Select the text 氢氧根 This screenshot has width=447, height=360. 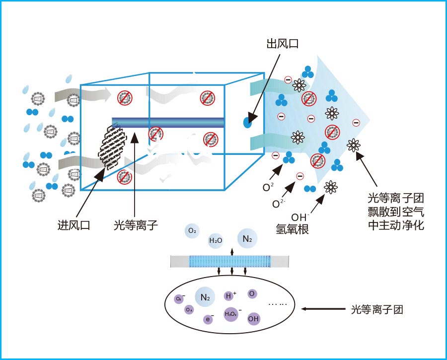coord(293,229)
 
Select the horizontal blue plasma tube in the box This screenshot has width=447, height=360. coord(168,122)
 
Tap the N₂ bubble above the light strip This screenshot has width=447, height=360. coord(247,239)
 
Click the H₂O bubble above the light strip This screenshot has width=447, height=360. coord(216,240)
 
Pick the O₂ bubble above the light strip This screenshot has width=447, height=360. coord(192,230)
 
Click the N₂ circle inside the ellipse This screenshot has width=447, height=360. coord(205,297)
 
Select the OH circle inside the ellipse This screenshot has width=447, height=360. coord(253,318)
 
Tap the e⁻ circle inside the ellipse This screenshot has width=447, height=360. coord(209,319)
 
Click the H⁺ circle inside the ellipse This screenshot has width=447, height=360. coord(229,296)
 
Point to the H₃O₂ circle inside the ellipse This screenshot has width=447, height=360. coord(231,314)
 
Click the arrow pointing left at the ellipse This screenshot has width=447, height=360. coord(323,309)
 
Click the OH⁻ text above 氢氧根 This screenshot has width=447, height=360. coord(299,217)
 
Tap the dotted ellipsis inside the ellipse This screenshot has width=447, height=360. coord(278,304)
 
